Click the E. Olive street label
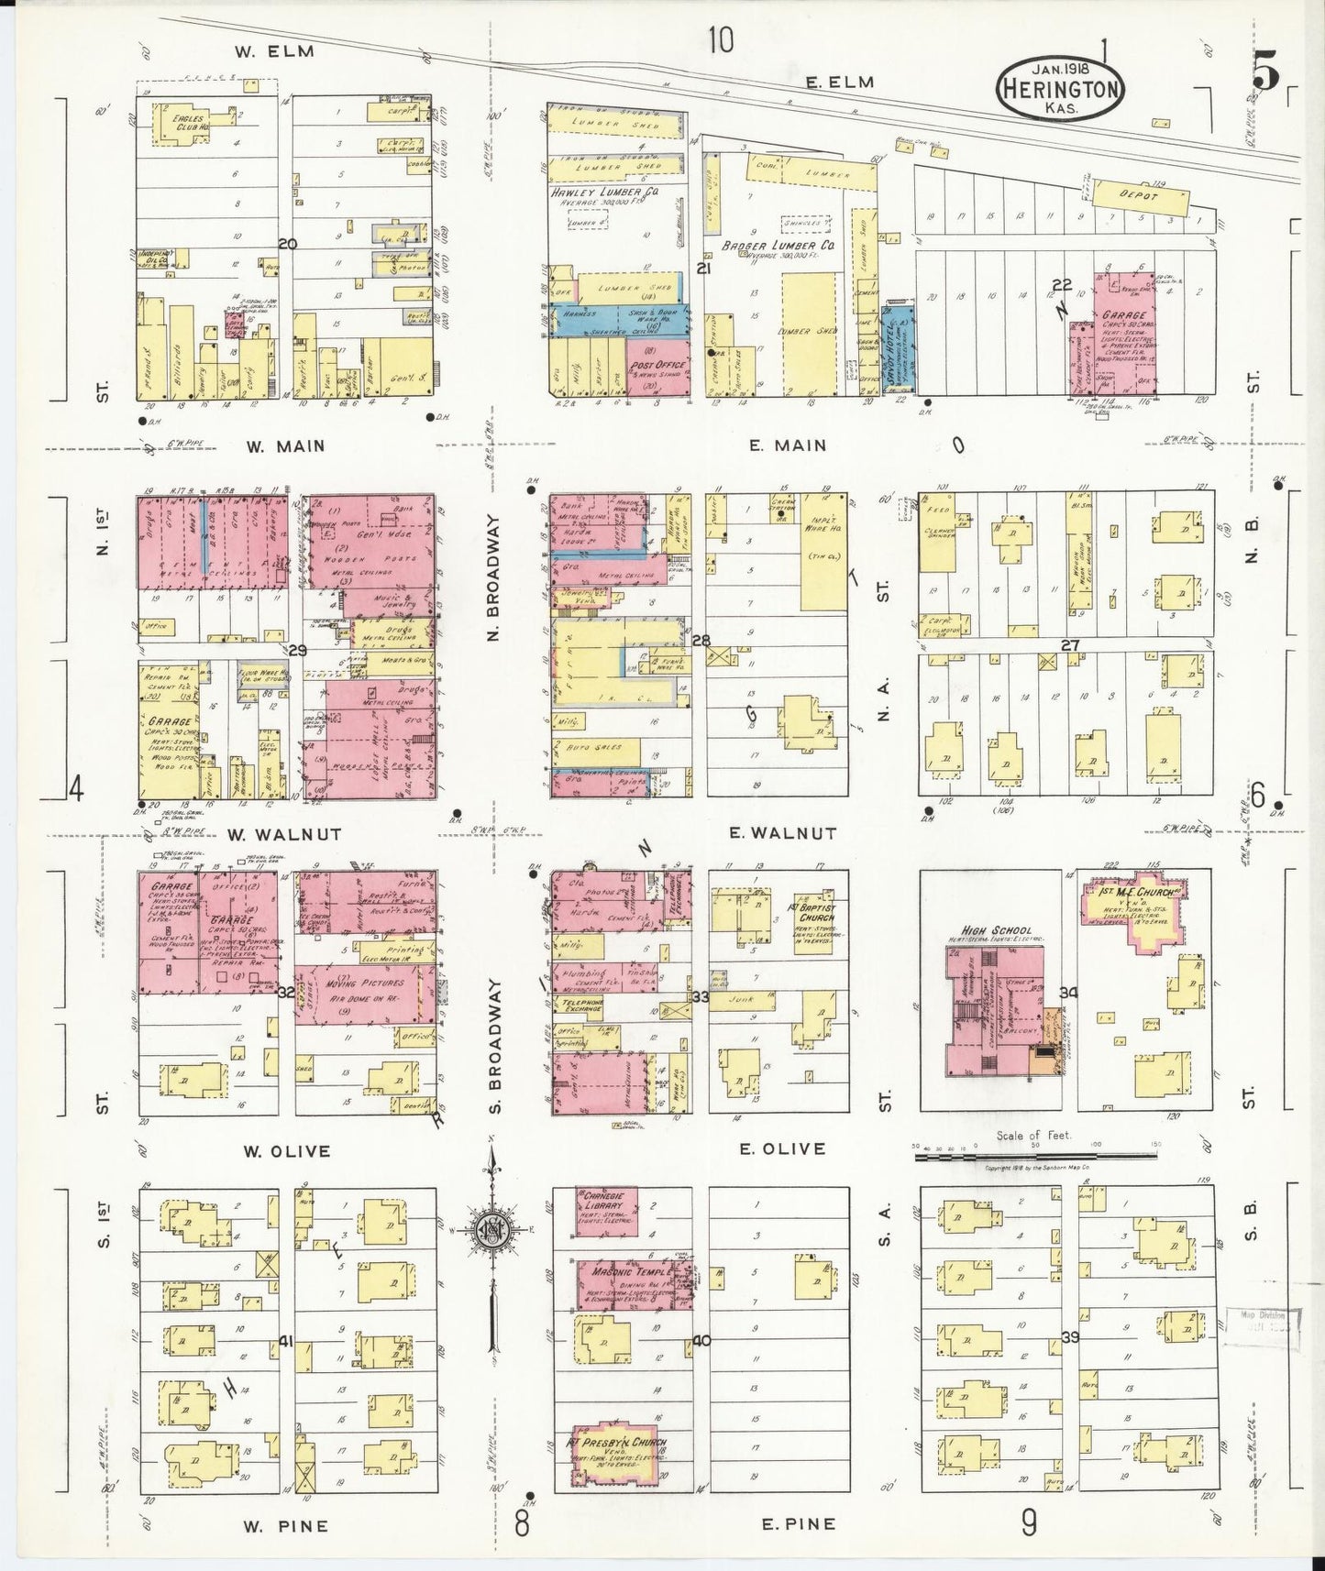[x=788, y=1148]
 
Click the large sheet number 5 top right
[x=1265, y=75]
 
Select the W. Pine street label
[x=284, y=1527]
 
